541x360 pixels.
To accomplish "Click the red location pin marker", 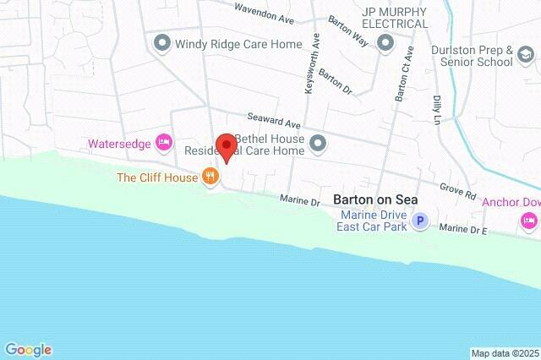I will pyautogui.click(x=225, y=147).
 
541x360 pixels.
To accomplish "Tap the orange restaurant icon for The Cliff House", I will pyautogui.click(x=210, y=177).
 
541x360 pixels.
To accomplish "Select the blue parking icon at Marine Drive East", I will pyautogui.click(x=420, y=221).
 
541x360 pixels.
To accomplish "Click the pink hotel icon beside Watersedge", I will pyautogui.click(x=165, y=142).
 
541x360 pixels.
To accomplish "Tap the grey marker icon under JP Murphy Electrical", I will pyautogui.click(x=386, y=43).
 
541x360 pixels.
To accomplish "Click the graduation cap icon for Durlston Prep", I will pyautogui.click(x=526, y=57).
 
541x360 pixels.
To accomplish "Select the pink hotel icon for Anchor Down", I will pyautogui.click(x=530, y=221).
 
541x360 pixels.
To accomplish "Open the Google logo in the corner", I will pyautogui.click(x=28, y=350).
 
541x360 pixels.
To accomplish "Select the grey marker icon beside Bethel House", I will pyautogui.click(x=318, y=143).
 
